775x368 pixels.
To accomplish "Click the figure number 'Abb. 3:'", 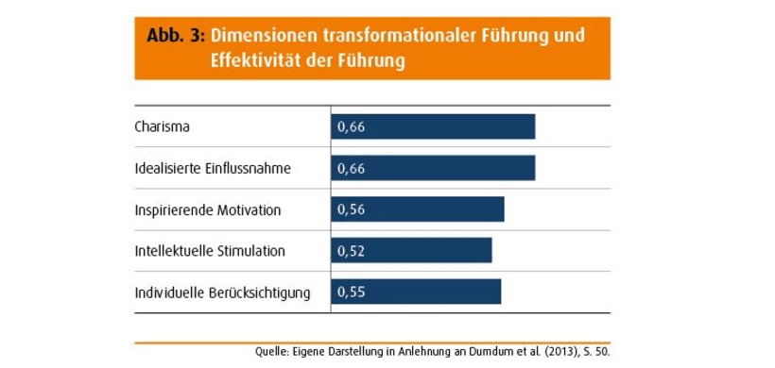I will coord(176,36).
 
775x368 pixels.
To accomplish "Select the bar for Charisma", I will coord(433,126).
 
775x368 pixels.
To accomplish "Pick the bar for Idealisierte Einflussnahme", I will coord(433,168).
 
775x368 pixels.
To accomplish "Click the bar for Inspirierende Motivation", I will coord(417,209).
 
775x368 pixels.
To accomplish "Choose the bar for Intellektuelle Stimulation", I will coord(411,250).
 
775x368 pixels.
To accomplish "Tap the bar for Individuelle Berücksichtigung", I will coord(416,292).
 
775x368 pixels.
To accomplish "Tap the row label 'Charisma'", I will coord(163,126).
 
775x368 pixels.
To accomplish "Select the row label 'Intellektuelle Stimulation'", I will coord(210,251).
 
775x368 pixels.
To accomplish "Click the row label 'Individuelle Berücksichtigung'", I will coord(222,293).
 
